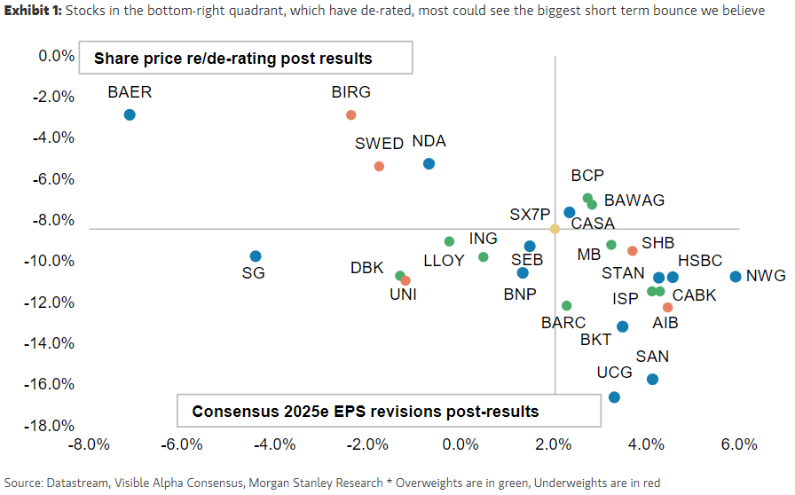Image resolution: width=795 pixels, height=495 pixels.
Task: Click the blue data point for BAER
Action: pos(130,115)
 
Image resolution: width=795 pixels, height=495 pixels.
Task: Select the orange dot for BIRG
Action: pos(351,115)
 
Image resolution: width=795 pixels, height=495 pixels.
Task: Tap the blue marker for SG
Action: pos(256,256)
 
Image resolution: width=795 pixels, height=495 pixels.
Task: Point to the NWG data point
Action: pos(736,277)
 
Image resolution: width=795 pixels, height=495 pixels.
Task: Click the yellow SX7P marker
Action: pos(555,229)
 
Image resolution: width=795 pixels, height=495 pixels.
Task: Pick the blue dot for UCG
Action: pos(614,397)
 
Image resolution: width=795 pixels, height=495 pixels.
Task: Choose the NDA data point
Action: pos(429,164)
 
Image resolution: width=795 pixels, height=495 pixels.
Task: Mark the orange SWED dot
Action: pos(379,167)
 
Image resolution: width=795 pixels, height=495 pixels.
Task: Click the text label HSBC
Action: pos(700,261)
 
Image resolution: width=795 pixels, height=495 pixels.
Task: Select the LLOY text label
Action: pos(444,261)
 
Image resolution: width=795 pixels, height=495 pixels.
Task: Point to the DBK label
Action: pos(366,268)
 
